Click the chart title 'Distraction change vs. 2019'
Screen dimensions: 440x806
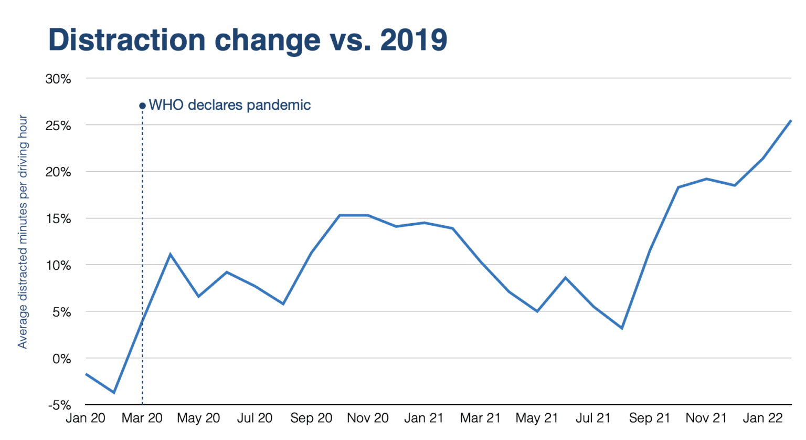point(247,40)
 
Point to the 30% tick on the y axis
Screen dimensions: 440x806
point(58,79)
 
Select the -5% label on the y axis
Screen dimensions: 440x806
point(59,405)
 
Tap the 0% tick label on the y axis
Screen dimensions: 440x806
point(61,359)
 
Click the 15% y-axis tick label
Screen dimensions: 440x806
point(58,218)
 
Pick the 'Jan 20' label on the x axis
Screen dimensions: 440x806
point(85,418)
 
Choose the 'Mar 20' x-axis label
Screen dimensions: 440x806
point(142,418)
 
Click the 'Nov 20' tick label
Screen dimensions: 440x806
point(367,418)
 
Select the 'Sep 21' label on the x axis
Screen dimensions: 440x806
point(650,418)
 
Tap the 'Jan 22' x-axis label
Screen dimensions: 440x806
point(762,418)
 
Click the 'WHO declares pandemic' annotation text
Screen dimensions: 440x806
point(230,105)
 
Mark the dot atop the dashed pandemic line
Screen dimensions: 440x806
point(142,106)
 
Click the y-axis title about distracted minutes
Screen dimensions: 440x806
point(23,232)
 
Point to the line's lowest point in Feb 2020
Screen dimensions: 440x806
point(114,392)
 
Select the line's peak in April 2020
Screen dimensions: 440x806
point(170,254)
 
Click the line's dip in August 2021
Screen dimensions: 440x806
point(622,328)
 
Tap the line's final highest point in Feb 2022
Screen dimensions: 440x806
point(791,121)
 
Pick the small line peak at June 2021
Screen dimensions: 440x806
point(565,277)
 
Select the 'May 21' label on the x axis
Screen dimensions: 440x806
point(536,418)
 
